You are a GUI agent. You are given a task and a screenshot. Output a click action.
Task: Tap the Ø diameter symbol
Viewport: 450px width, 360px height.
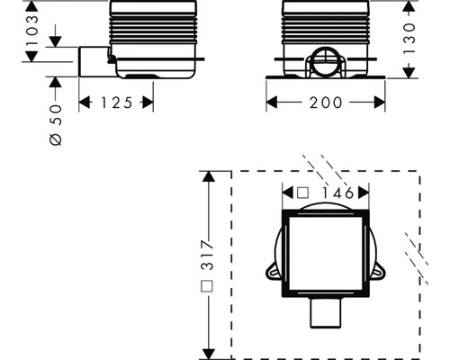point(55,139)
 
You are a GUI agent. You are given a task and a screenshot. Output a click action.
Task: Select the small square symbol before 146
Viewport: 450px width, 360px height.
point(302,192)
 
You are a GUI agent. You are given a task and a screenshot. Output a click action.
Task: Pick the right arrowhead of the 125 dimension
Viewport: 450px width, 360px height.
point(150,103)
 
